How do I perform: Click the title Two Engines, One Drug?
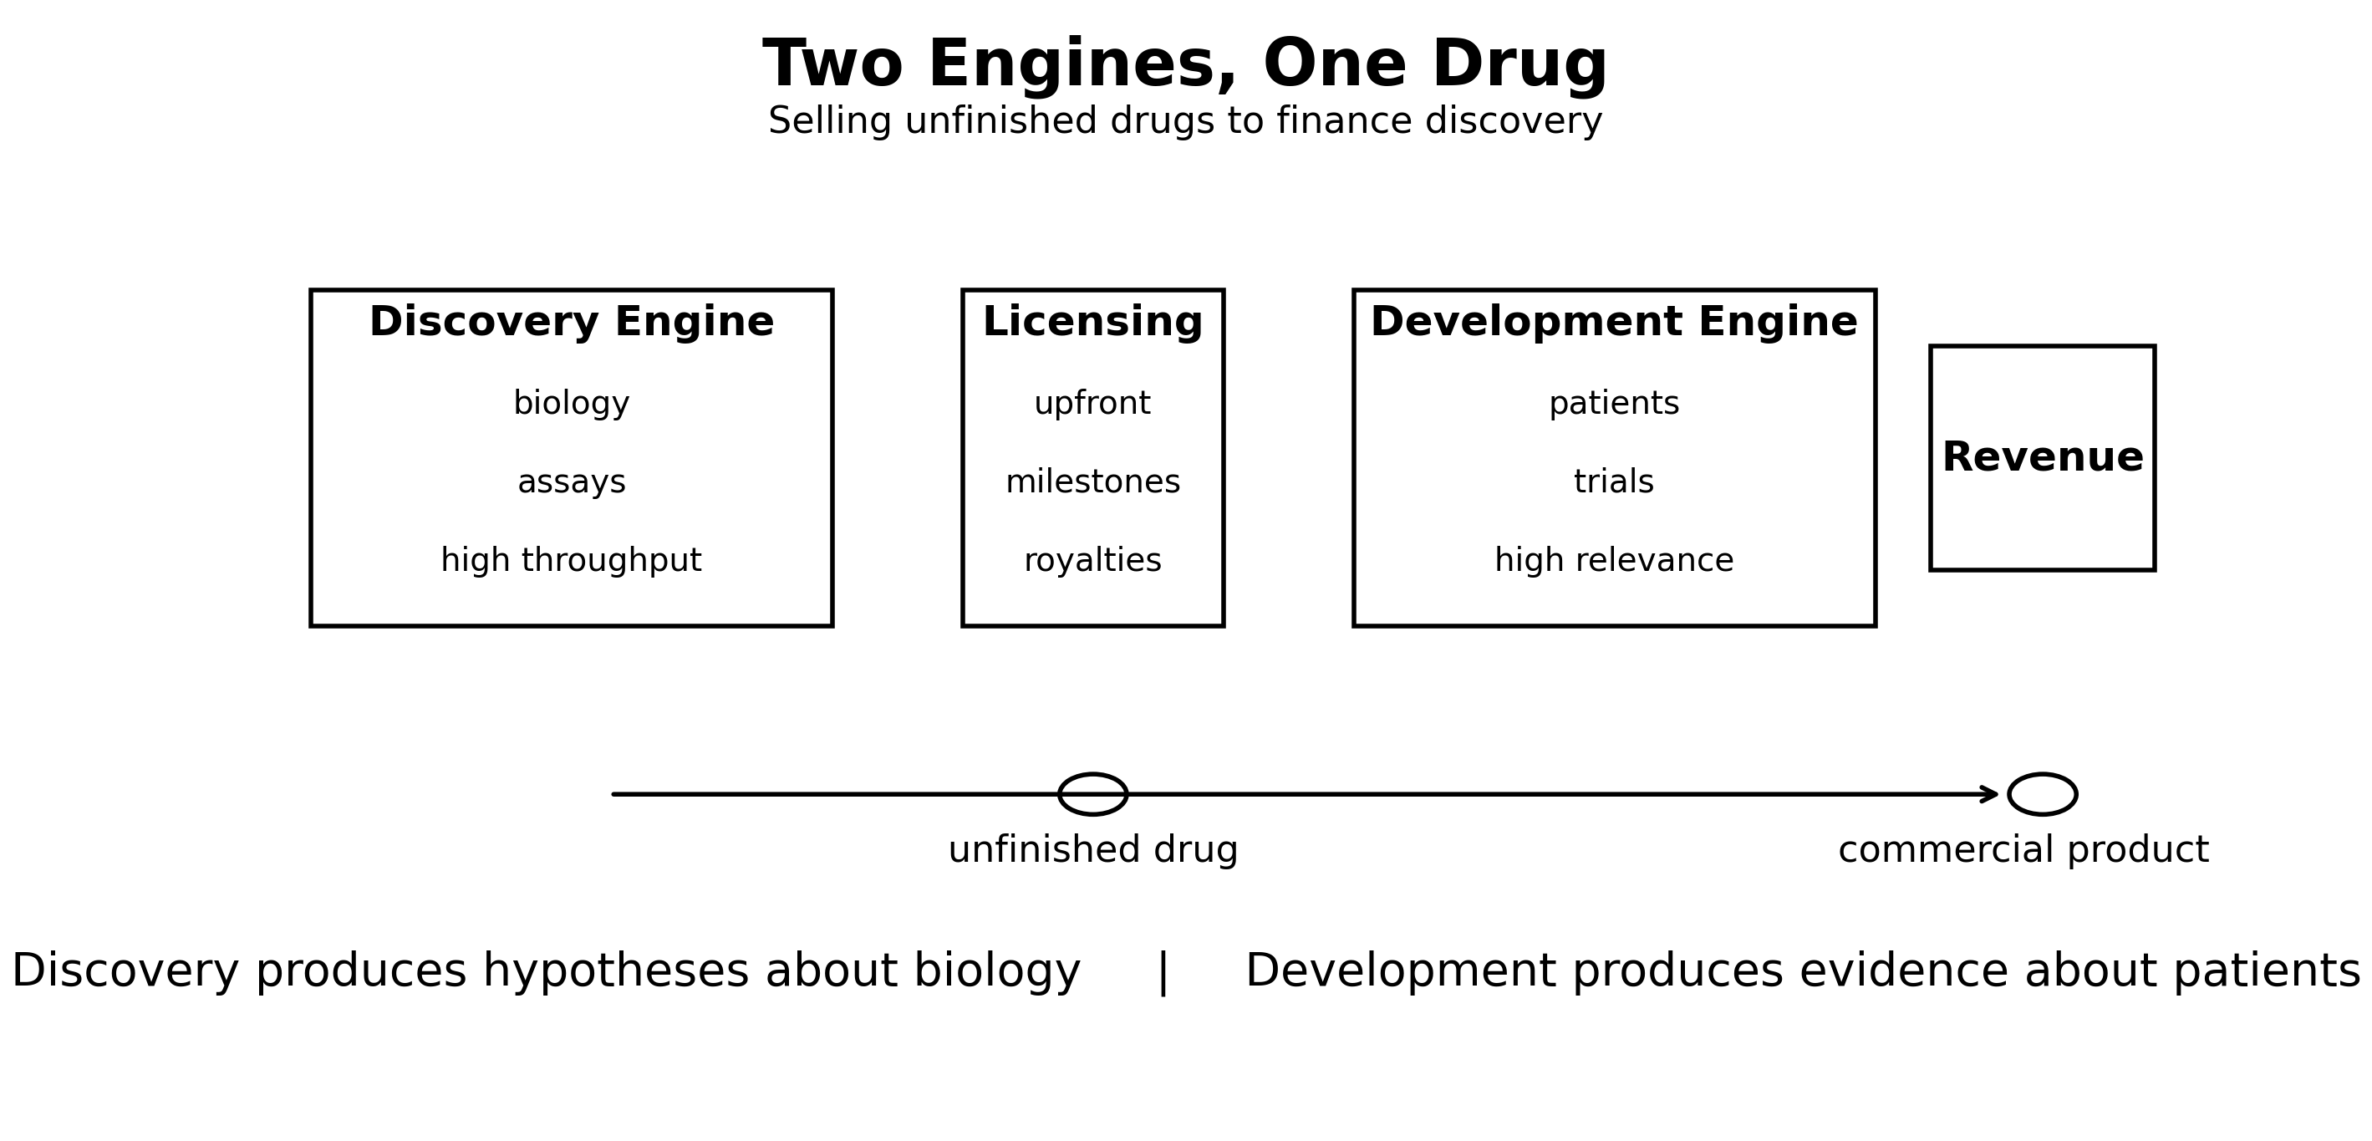pyautogui.click(x=1185, y=64)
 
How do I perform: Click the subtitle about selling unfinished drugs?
pyautogui.click(x=1185, y=121)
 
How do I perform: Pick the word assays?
pyautogui.click(x=571, y=481)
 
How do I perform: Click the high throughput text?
pyautogui.click(x=571, y=560)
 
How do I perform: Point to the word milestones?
pyautogui.click(x=1092, y=481)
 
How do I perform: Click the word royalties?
pyautogui.click(x=1092, y=560)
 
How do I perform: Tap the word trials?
pyautogui.click(x=1613, y=481)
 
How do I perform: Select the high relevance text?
pyautogui.click(x=1613, y=560)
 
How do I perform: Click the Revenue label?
pyautogui.click(x=2043, y=458)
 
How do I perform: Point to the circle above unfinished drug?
pyautogui.click(x=1092, y=794)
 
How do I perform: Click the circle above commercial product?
pyautogui.click(x=2043, y=794)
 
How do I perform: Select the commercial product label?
pyautogui.click(x=2023, y=849)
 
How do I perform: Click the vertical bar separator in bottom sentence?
pyautogui.click(x=1162, y=972)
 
